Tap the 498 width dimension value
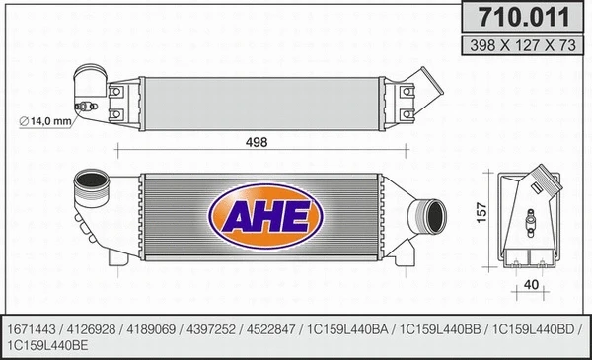(257, 142)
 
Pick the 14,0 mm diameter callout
(48, 120)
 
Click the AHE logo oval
(259, 214)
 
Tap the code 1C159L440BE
(47, 345)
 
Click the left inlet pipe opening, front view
(92, 183)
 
